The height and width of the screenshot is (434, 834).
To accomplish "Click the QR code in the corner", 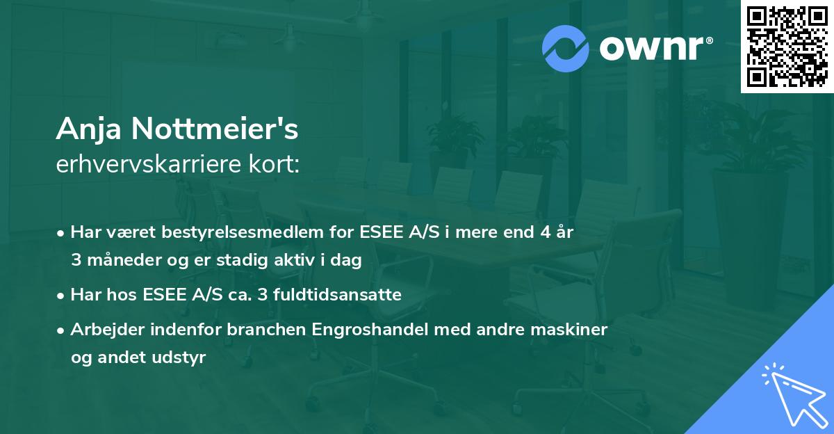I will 787,46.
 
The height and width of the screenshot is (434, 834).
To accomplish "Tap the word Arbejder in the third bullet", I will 101,330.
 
